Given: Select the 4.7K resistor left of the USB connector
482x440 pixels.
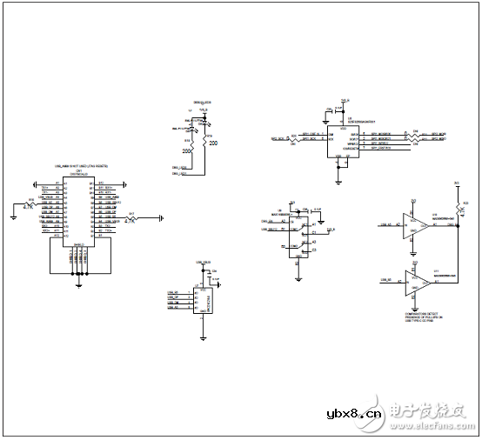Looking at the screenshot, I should coord(31,204).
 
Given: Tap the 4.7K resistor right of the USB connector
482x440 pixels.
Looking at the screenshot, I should coord(131,217).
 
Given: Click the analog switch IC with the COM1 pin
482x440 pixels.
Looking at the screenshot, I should coord(298,235).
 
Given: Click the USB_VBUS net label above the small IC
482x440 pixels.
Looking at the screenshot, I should coord(203,262).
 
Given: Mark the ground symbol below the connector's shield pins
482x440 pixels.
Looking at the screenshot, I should coord(78,283).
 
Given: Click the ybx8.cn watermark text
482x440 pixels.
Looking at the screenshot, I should coord(353,414).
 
